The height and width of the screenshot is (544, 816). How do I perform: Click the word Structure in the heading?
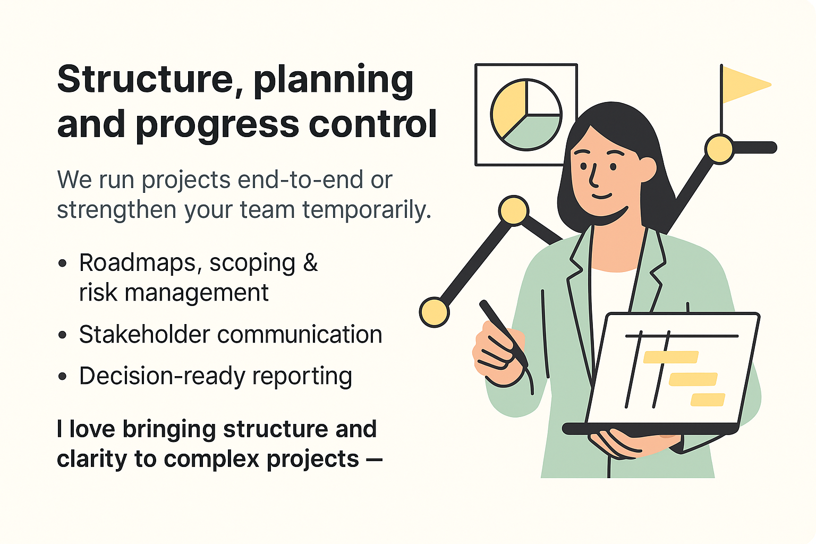coord(145,79)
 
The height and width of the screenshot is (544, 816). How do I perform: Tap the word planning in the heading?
coord(333,81)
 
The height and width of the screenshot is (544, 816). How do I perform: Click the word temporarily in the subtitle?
coord(367,210)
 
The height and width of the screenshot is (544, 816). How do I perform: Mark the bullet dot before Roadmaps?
coord(63,263)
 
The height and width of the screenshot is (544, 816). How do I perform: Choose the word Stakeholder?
coord(144,335)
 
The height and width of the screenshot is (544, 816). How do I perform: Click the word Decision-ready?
coord(162,376)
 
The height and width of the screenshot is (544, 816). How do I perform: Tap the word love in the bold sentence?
coord(92,429)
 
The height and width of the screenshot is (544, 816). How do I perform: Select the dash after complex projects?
coord(374,460)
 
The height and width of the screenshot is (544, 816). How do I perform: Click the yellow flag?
coord(744,84)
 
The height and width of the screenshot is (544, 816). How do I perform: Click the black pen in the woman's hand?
coord(502,329)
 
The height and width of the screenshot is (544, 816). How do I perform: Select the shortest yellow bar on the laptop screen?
coord(708,399)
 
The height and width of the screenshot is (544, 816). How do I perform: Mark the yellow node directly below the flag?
coord(720,149)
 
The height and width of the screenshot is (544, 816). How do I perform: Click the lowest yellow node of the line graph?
coord(434,312)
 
